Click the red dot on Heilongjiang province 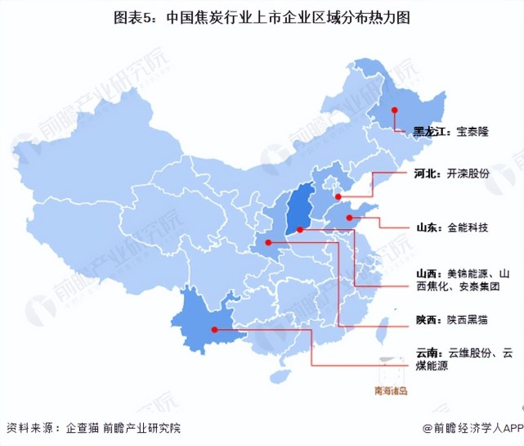click(x=394, y=110)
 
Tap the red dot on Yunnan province click(x=214, y=331)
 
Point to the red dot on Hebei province click(x=338, y=197)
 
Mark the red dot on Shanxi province click(x=300, y=230)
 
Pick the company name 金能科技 click(x=468, y=227)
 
